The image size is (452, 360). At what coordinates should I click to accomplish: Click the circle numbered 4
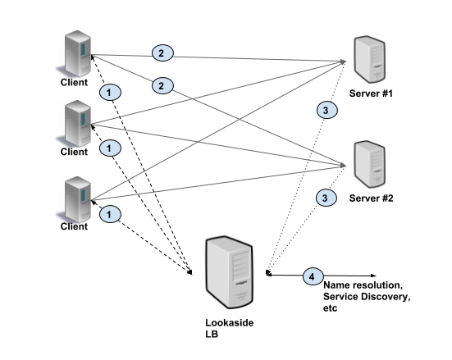(312, 277)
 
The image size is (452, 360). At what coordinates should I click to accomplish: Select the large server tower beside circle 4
(229, 272)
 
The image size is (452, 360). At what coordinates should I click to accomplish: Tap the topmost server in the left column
(74, 54)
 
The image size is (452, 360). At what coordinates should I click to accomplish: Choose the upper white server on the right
(370, 59)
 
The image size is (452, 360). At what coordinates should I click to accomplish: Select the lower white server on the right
(370, 164)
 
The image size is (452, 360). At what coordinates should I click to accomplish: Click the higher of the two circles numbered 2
(162, 53)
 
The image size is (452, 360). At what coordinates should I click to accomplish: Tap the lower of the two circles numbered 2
(162, 85)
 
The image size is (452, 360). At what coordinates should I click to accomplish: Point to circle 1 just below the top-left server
(110, 92)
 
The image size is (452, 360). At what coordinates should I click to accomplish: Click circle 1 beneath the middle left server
(110, 148)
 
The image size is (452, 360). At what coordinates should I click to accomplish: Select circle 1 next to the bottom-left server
(110, 214)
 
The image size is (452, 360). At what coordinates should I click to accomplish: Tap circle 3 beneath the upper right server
(326, 110)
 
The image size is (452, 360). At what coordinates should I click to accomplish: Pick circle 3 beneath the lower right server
(326, 198)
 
